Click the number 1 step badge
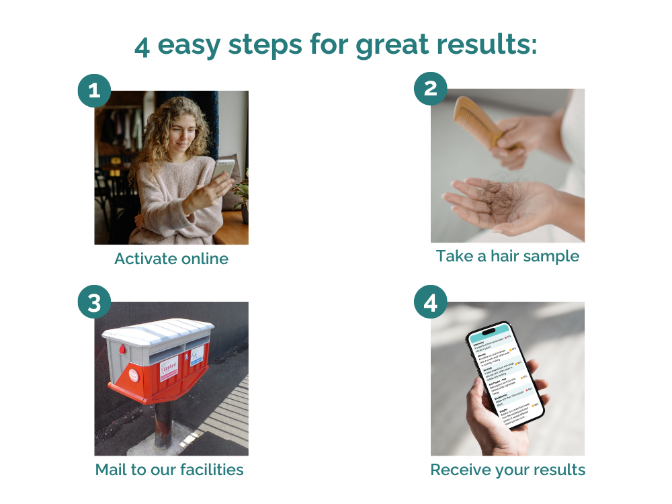coord(95,91)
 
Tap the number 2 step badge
coord(431,89)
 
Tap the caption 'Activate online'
coord(171,259)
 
